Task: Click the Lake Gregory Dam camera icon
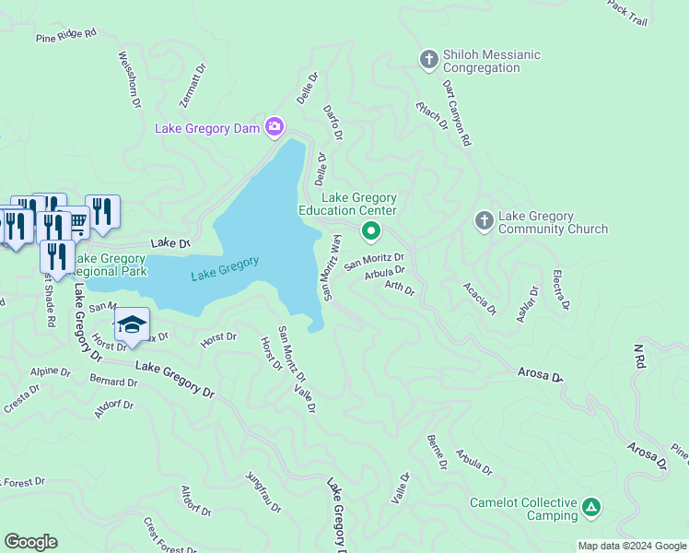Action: point(274,126)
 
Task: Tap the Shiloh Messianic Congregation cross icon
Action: point(428,60)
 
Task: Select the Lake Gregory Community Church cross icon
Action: point(484,221)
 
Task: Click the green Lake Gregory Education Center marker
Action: point(371,230)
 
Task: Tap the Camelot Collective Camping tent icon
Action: point(591,507)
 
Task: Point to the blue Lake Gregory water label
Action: point(225,268)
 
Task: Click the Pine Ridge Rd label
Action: point(65,36)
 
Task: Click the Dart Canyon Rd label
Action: point(456,113)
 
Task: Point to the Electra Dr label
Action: point(560,289)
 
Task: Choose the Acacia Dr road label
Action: point(481,297)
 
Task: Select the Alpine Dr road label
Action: point(50,372)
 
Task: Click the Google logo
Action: point(30,542)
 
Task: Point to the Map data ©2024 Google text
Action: point(632,546)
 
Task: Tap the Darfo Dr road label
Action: point(333,122)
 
